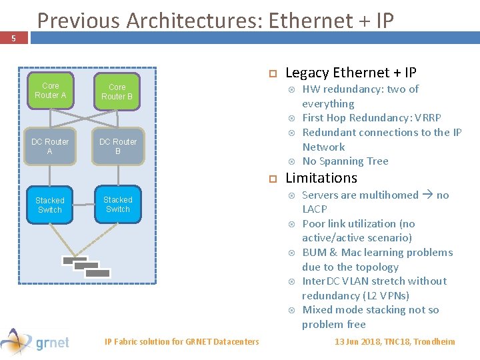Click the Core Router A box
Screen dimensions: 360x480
click(x=50, y=91)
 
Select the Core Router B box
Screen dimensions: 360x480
click(x=117, y=92)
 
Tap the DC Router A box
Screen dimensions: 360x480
click(x=50, y=147)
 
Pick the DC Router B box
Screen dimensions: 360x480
click(x=118, y=147)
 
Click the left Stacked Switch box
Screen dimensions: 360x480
click(x=50, y=205)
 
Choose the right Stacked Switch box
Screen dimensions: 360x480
click(x=118, y=204)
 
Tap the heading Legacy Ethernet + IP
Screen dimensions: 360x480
click(x=351, y=73)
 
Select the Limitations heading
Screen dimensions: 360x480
click(x=321, y=178)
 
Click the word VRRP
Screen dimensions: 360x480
click(x=427, y=118)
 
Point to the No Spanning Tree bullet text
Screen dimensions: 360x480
click(x=345, y=161)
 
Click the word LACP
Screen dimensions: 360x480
click(x=315, y=209)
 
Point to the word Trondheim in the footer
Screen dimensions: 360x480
click(x=434, y=342)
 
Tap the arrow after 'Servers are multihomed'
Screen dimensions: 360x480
click(x=427, y=195)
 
